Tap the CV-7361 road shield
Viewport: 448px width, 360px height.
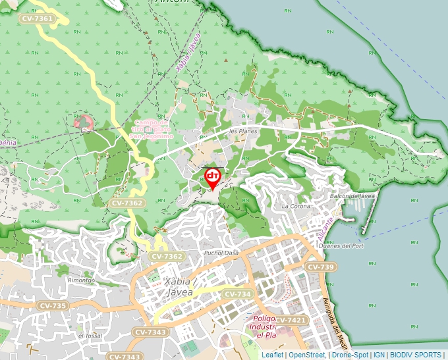pyautogui.click(x=37, y=19)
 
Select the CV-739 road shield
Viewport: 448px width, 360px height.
pyautogui.click(x=322, y=267)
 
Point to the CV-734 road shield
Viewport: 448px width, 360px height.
pyautogui.click(x=237, y=294)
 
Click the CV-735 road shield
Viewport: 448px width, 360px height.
pyautogui.click(x=53, y=306)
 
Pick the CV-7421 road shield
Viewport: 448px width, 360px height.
pyautogui.click(x=290, y=320)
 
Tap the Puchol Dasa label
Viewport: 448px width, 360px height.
pyautogui.click(x=221, y=253)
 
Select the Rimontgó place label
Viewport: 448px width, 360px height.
pyautogui.click(x=82, y=280)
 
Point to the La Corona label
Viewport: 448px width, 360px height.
pyautogui.click(x=295, y=206)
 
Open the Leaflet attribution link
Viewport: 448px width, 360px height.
pyautogui.click(x=272, y=355)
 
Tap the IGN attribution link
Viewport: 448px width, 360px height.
pyautogui.click(x=379, y=355)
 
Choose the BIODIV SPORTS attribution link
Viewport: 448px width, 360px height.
pyautogui.click(x=416, y=355)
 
